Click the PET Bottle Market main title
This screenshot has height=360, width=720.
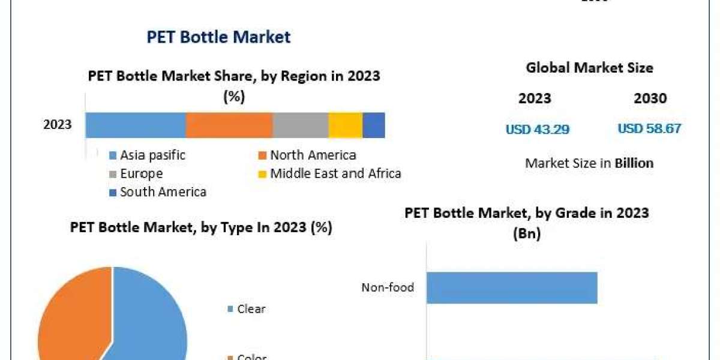click(x=218, y=37)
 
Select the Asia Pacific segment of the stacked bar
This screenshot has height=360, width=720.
click(x=136, y=125)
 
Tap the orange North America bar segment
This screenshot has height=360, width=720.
click(x=229, y=125)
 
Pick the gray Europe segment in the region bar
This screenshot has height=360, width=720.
click(x=301, y=125)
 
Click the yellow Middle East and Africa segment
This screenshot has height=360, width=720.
click(x=346, y=125)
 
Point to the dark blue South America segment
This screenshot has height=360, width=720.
click(x=374, y=125)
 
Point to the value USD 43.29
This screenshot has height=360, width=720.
click(x=538, y=129)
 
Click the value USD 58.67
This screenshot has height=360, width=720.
click(x=649, y=128)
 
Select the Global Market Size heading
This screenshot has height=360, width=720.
click(x=589, y=68)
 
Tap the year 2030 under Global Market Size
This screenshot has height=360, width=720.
click(x=650, y=98)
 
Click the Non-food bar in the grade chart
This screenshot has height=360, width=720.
click(x=512, y=287)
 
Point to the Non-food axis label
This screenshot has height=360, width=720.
click(x=388, y=287)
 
